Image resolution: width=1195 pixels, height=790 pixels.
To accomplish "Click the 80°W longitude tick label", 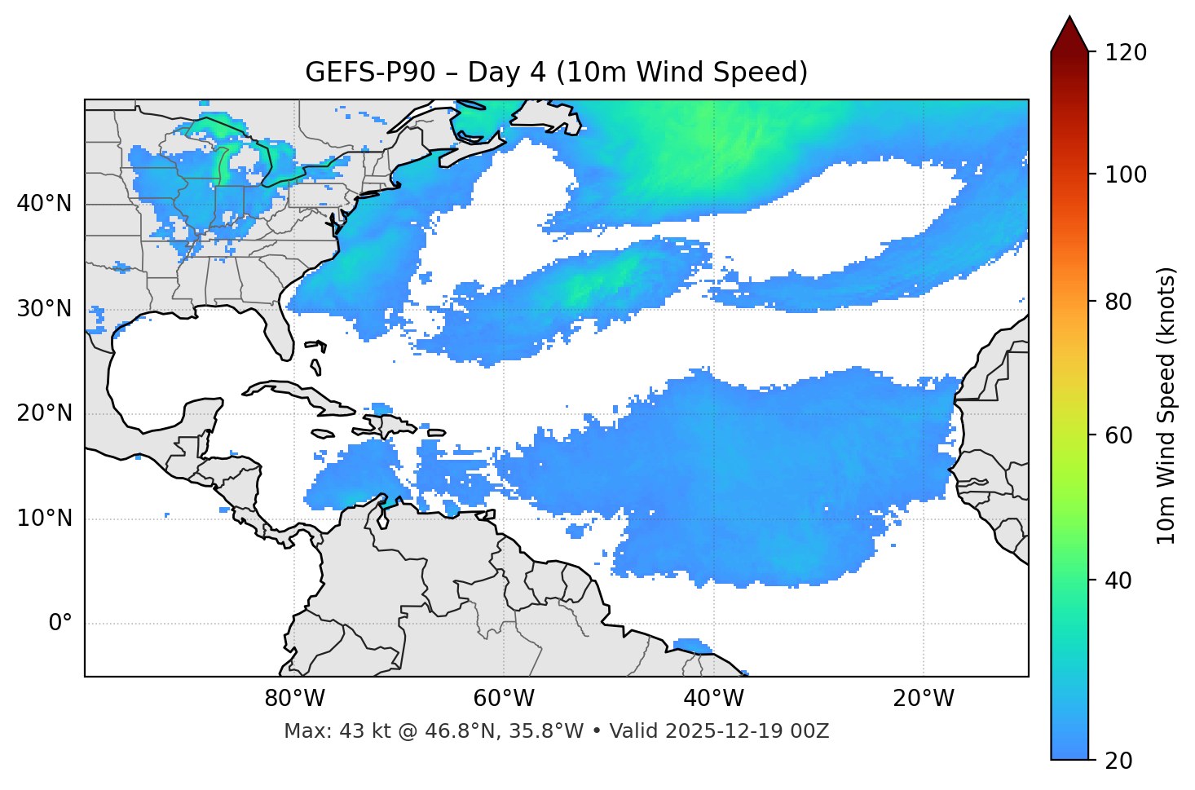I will click(294, 699).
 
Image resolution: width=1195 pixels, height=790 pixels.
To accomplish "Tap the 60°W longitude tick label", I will click(504, 699).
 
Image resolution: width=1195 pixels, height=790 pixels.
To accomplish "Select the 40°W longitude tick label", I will click(713, 699).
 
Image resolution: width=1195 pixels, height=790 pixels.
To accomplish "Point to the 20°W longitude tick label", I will click(923, 699).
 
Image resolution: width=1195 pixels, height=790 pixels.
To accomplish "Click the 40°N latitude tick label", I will click(44, 204).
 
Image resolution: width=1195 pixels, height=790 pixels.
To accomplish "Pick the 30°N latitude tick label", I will click(44, 309).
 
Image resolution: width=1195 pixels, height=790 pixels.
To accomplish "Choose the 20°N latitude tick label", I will click(44, 413).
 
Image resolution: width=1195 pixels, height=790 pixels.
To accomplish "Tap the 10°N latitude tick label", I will click(44, 519).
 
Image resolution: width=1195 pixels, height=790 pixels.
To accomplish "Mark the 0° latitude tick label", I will click(60, 624).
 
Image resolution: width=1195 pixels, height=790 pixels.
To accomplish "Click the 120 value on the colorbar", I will click(1126, 53).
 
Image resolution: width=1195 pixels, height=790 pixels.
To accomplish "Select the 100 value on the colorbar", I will click(1126, 174).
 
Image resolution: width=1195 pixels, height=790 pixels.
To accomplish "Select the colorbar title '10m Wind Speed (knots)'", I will click(1166, 406).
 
